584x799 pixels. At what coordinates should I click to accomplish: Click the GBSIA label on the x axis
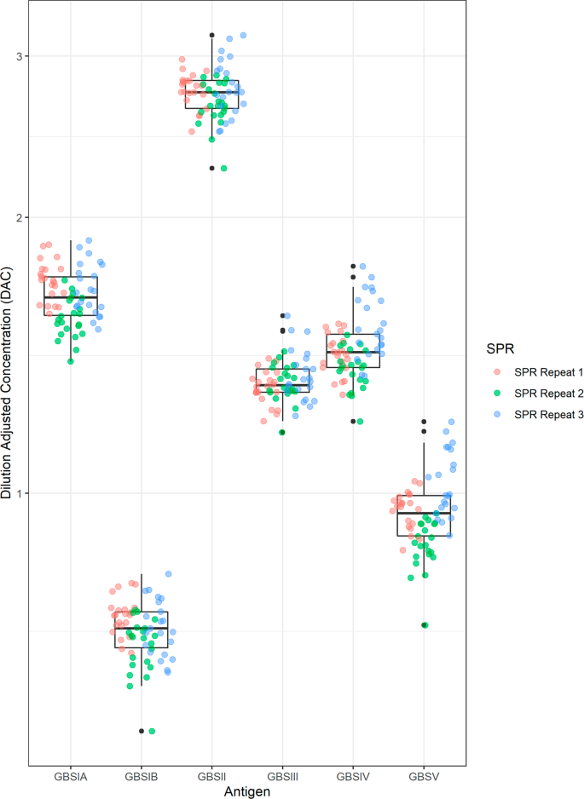pos(71,777)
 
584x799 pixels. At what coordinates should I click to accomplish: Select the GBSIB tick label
pos(142,777)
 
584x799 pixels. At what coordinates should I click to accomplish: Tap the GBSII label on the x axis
pos(211,777)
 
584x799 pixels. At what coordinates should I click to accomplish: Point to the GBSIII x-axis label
pos(282,777)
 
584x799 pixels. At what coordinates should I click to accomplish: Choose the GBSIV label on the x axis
pos(353,777)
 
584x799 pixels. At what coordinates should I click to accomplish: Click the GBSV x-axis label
pos(424,777)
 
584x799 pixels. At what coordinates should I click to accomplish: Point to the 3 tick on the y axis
pos(20,56)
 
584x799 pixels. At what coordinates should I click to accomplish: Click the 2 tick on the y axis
pos(20,217)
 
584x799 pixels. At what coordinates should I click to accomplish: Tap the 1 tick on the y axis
pos(20,493)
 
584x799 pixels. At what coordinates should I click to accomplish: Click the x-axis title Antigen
pos(247,791)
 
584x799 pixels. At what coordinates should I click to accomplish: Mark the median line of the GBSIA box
pos(71,297)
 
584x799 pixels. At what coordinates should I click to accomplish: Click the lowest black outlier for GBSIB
pos(142,731)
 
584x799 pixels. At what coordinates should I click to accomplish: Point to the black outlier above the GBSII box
pos(211,35)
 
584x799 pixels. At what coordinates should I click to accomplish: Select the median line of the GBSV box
pos(424,513)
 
